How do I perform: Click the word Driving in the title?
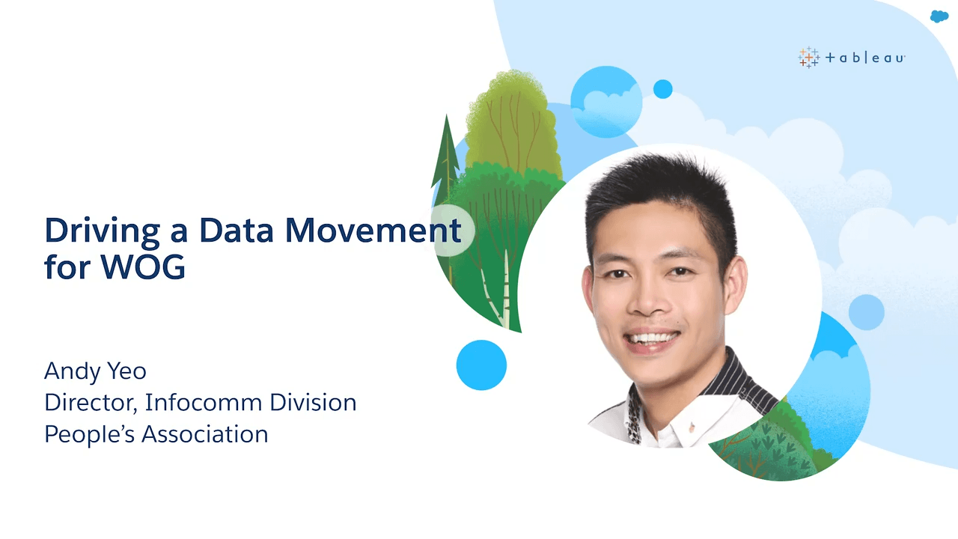click(102, 231)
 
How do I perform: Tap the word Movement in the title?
click(373, 231)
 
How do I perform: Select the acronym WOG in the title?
click(143, 267)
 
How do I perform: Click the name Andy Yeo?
click(95, 371)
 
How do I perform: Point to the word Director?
click(91, 403)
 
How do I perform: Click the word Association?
click(204, 434)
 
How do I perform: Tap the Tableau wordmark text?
click(864, 58)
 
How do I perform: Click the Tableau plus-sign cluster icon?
click(808, 58)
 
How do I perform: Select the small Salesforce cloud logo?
click(939, 16)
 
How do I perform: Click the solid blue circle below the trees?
click(481, 365)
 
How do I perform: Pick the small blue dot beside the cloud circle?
click(663, 89)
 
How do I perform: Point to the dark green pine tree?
click(446, 162)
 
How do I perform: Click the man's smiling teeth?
click(651, 338)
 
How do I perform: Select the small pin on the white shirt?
click(692, 426)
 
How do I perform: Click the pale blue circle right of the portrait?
click(866, 312)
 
